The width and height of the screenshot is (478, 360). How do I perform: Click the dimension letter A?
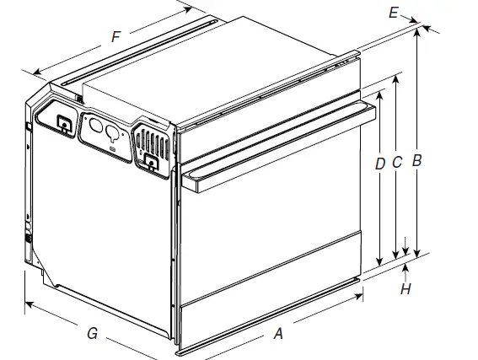click(x=277, y=334)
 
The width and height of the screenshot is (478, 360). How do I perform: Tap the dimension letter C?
click(x=398, y=160)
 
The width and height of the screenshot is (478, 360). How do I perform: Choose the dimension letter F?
click(x=115, y=36)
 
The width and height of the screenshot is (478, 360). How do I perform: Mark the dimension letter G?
click(x=92, y=334)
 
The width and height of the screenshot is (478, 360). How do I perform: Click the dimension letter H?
click(x=405, y=289)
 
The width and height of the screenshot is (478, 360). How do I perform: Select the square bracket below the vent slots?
click(x=151, y=162)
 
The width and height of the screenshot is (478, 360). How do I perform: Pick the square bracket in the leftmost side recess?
click(x=62, y=122)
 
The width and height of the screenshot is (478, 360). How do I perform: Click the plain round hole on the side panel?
click(x=95, y=129)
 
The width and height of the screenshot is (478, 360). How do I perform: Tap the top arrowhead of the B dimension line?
click(x=416, y=30)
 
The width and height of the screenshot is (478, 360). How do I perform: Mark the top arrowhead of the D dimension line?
click(x=380, y=94)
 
